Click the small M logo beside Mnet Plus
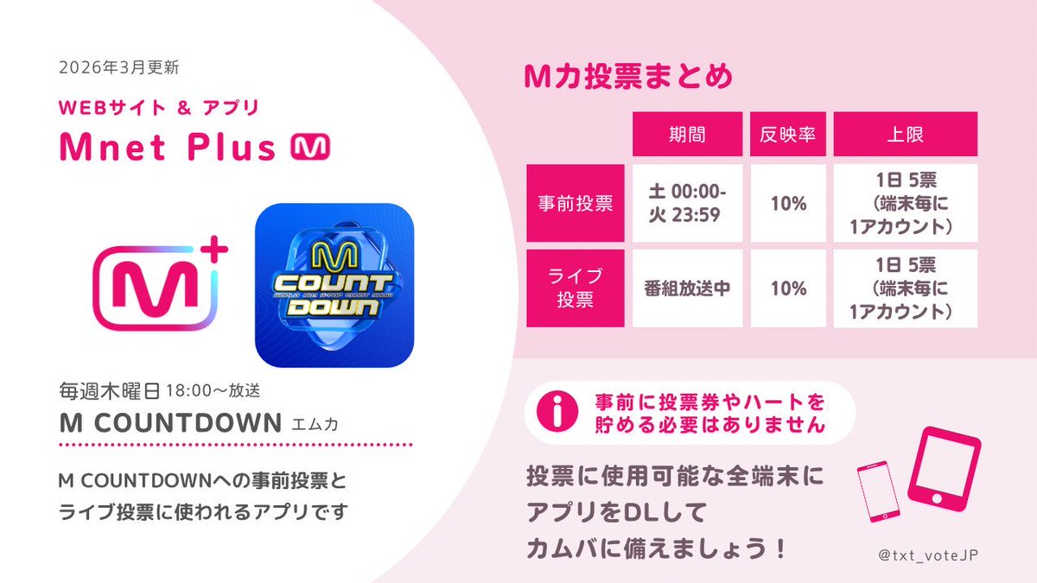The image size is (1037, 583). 307,148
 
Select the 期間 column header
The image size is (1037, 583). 686,134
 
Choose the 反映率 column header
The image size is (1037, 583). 787,134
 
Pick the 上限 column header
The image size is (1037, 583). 905,134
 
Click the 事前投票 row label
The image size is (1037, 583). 572,204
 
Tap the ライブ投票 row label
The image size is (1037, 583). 572,288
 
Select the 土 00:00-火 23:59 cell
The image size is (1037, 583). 686,204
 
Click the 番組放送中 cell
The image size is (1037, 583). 686,288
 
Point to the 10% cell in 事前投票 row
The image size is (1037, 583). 787,204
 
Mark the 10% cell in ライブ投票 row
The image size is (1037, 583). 787,288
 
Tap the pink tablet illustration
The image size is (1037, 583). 947,467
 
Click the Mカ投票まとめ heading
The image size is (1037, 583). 628,76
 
